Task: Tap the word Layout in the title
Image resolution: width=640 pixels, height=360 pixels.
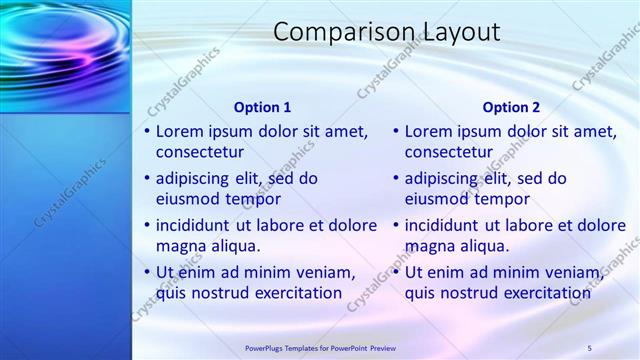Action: click(x=454, y=32)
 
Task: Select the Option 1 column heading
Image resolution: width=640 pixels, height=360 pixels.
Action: click(x=262, y=107)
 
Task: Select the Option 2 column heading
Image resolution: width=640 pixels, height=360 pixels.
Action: click(x=511, y=107)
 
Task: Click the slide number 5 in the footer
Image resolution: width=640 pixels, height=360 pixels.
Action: click(x=590, y=347)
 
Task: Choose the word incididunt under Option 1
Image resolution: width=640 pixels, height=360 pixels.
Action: click(x=194, y=225)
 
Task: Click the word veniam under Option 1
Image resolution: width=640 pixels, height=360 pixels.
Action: click(x=325, y=272)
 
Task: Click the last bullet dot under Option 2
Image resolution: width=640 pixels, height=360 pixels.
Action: click(x=397, y=273)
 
